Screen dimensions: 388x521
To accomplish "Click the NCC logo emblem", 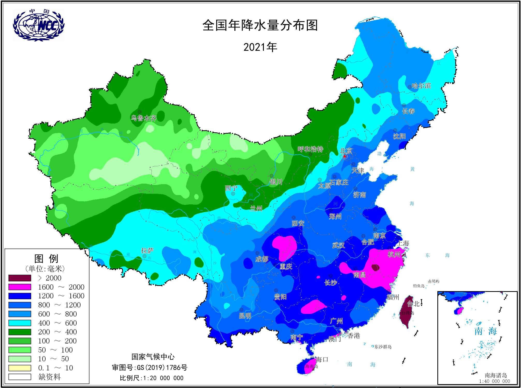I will (x=39, y=25).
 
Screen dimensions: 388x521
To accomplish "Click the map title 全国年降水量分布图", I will (x=260, y=25).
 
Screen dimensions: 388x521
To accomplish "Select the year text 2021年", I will (x=260, y=47).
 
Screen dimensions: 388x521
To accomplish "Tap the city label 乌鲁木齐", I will (x=144, y=118).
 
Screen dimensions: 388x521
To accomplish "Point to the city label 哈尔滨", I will (x=421, y=86).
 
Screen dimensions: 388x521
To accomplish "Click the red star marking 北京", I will (x=344, y=156).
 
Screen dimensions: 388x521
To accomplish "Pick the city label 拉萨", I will (x=147, y=250).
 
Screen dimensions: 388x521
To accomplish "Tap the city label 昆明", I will (x=245, y=316).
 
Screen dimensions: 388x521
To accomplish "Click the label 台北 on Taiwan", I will (x=413, y=304).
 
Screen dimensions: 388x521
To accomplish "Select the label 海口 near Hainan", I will (x=322, y=360).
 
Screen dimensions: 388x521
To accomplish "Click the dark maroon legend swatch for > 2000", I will (x=20, y=278).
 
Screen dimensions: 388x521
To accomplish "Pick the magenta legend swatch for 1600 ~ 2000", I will (x=20, y=287).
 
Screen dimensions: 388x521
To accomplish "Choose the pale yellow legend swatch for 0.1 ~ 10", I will (x=20, y=368).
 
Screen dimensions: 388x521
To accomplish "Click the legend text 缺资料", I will (x=49, y=377).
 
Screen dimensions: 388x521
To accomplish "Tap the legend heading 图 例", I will (x=46, y=258).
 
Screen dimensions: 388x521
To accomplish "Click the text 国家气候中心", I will (x=153, y=357).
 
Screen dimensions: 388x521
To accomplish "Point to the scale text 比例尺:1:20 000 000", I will (x=151, y=378).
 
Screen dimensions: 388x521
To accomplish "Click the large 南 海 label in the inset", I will (x=485, y=331).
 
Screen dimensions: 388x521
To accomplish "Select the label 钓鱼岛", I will (x=419, y=286).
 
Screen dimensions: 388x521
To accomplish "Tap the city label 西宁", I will (x=231, y=188).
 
